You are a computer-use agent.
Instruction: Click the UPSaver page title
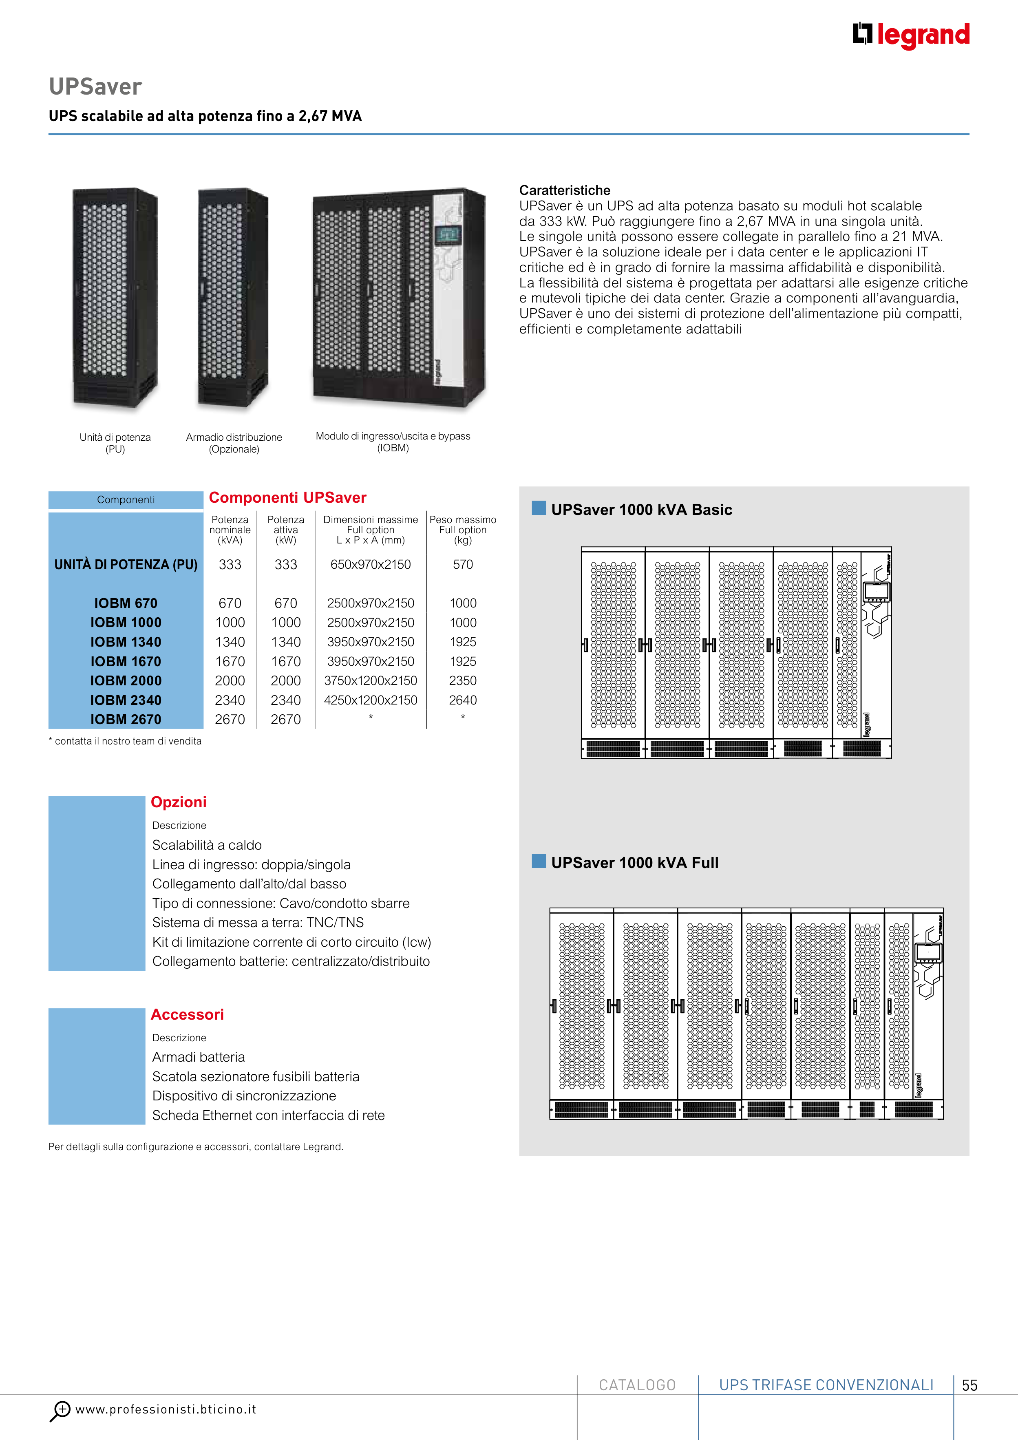(95, 86)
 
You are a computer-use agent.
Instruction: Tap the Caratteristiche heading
(565, 190)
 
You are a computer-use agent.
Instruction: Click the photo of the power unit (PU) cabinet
(115, 298)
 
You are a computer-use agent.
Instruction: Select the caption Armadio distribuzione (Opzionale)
(234, 443)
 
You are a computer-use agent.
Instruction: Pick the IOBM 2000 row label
(126, 680)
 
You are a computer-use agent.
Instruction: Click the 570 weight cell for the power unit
(463, 564)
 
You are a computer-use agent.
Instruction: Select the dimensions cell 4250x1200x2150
(370, 700)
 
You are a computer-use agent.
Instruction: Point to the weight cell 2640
(463, 700)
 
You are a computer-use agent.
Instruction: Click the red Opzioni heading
(179, 802)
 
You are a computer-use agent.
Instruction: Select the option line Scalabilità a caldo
(207, 845)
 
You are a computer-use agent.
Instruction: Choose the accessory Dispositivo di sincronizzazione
(244, 1095)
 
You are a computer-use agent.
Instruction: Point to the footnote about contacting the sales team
(126, 741)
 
